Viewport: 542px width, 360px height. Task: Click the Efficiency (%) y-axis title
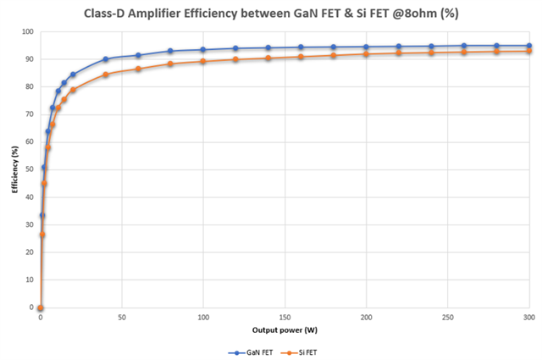click(15, 170)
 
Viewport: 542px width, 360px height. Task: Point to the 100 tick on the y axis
click(27, 32)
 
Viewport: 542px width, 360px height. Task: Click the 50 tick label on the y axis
click(29, 169)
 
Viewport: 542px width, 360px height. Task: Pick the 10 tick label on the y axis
click(29, 280)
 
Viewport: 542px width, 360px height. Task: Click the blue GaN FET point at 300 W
click(529, 46)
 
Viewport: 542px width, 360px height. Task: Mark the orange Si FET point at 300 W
click(529, 51)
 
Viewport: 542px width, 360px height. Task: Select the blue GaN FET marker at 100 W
click(203, 49)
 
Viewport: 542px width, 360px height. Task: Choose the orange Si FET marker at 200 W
click(366, 53)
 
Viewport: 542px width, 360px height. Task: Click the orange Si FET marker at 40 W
click(106, 75)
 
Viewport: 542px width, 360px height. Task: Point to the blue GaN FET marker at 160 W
click(301, 47)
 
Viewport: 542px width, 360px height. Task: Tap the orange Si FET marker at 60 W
click(138, 69)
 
